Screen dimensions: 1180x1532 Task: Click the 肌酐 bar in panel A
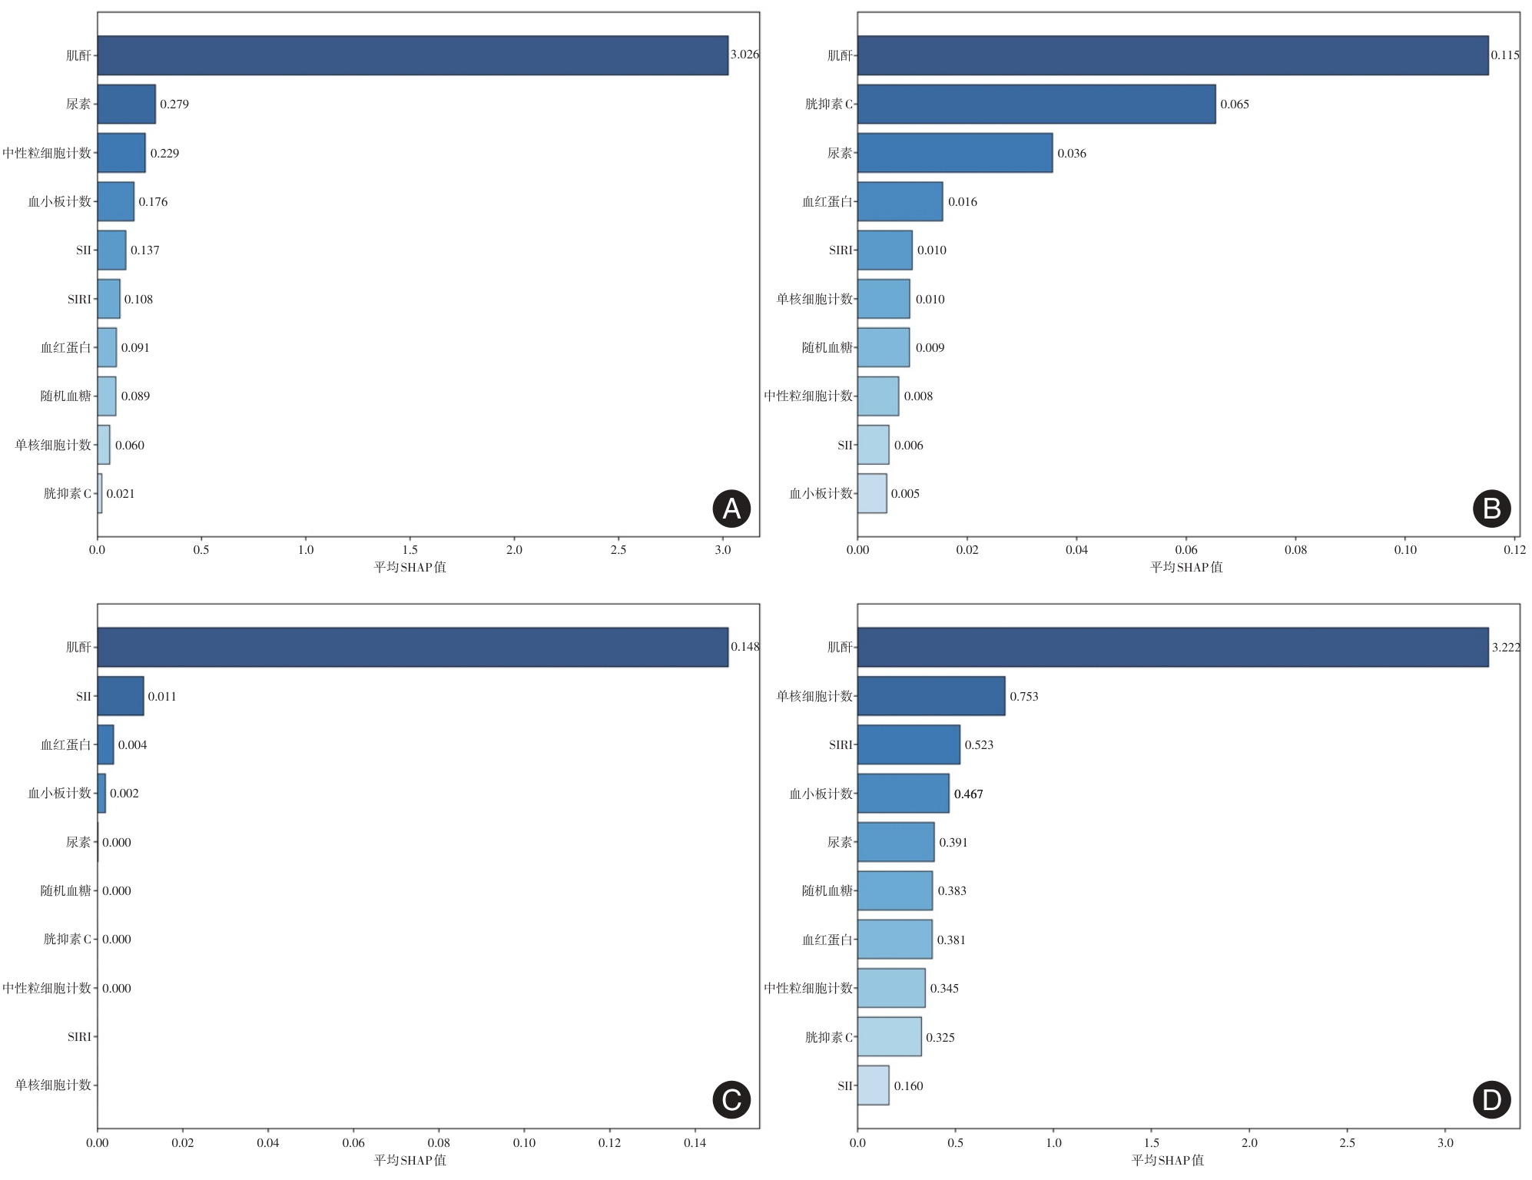(x=413, y=55)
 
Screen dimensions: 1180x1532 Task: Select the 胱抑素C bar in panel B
(x=1036, y=104)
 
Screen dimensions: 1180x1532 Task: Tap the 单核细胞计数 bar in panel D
(x=930, y=696)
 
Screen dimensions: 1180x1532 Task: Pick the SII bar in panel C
(x=121, y=696)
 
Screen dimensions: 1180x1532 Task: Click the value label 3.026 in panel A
(x=744, y=55)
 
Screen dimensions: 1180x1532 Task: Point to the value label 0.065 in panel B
(x=1234, y=104)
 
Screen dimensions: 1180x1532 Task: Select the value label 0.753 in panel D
(x=1023, y=697)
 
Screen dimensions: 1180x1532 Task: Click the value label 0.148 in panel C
(x=744, y=647)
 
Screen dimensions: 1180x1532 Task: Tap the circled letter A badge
(x=731, y=509)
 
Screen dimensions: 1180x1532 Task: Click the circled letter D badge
(x=1491, y=1100)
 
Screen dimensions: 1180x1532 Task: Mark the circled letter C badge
(x=731, y=1100)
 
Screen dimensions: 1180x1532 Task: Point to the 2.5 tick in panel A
(x=618, y=550)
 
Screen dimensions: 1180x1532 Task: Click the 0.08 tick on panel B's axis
(x=1295, y=550)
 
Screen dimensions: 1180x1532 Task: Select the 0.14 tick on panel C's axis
(x=695, y=1142)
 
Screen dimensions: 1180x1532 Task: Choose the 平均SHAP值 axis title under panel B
(x=1185, y=568)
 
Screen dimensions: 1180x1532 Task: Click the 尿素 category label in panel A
(x=78, y=104)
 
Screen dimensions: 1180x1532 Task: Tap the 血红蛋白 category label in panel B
(x=827, y=202)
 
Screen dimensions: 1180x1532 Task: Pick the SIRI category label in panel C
(x=79, y=1037)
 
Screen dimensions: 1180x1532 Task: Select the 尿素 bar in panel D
(x=895, y=842)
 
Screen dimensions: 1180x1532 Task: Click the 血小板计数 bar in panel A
(x=115, y=201)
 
